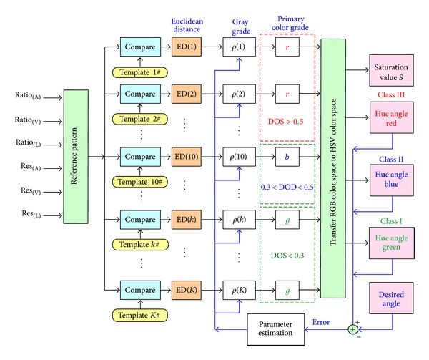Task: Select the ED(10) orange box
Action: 184,155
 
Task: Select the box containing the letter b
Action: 286,155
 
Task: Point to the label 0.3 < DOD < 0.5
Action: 286,188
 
